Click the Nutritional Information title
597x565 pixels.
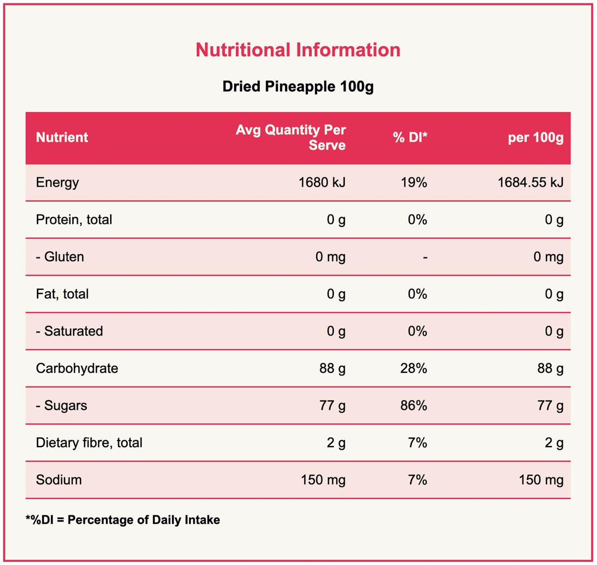pos(298,50)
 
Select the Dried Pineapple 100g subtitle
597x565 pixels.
pos(298,87)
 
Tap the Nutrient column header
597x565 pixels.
pos(62,137)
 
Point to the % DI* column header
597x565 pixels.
pos(410,137)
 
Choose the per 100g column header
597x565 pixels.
pos(536,137)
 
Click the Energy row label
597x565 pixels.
pos(58,183)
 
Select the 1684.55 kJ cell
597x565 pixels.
pos(530,183)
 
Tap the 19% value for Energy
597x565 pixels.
pos(414,183)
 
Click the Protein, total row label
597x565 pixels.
pos(74,220)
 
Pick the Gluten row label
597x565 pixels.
pos(60,257)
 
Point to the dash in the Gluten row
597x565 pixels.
pos(425,257)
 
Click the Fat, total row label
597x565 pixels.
pos(62,294)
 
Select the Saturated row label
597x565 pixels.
pos(69,331)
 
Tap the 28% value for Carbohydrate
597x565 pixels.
pos(414,369)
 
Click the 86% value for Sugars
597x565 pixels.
pos(414,406)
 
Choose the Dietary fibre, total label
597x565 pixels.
pos(89,443)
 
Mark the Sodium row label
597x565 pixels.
pos(59,480)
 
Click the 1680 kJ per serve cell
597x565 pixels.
pos(322,183)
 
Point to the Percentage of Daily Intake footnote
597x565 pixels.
pos(123,520)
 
